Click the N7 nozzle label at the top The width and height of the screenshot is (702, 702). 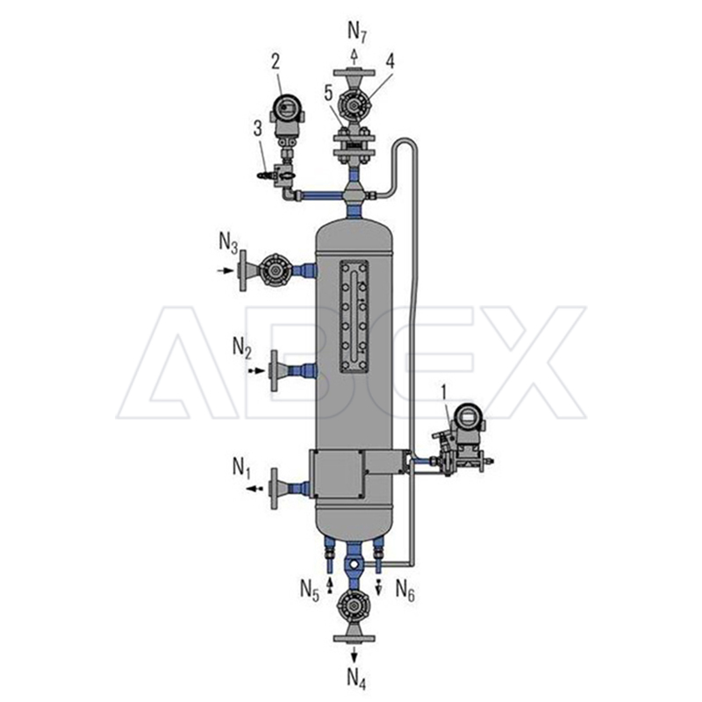tap(357, 32)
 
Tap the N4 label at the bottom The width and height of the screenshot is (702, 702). tap(357, 678)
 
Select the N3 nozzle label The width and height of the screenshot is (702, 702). tap(228, 244)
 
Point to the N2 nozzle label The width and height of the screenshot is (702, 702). tap(242, 347)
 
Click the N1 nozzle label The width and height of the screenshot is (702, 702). tap(241, 468)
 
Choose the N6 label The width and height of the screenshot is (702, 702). tap(405, 589)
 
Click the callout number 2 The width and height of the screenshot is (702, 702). tap(276, 61)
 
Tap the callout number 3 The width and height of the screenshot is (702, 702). tap(258, 129)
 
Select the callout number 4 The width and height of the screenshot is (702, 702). tap(390, 61)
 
